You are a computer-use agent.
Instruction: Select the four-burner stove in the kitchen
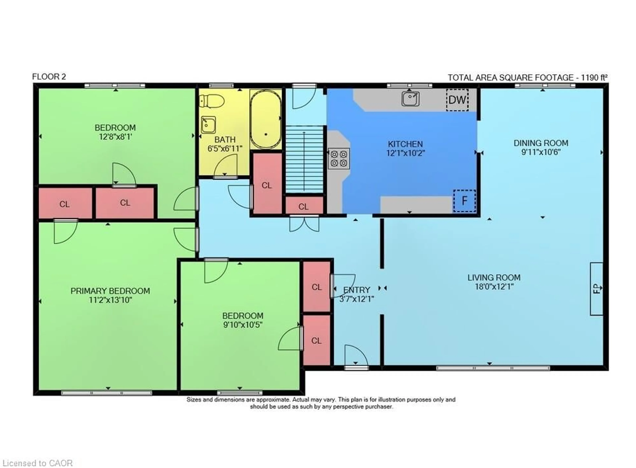point(339,159)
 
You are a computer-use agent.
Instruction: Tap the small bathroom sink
point(208,125)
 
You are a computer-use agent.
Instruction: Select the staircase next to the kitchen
point(304,159)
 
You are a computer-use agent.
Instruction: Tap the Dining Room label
point(541,143)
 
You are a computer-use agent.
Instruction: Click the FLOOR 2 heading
point(49,77)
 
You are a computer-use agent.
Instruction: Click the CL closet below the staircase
point(304,206)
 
